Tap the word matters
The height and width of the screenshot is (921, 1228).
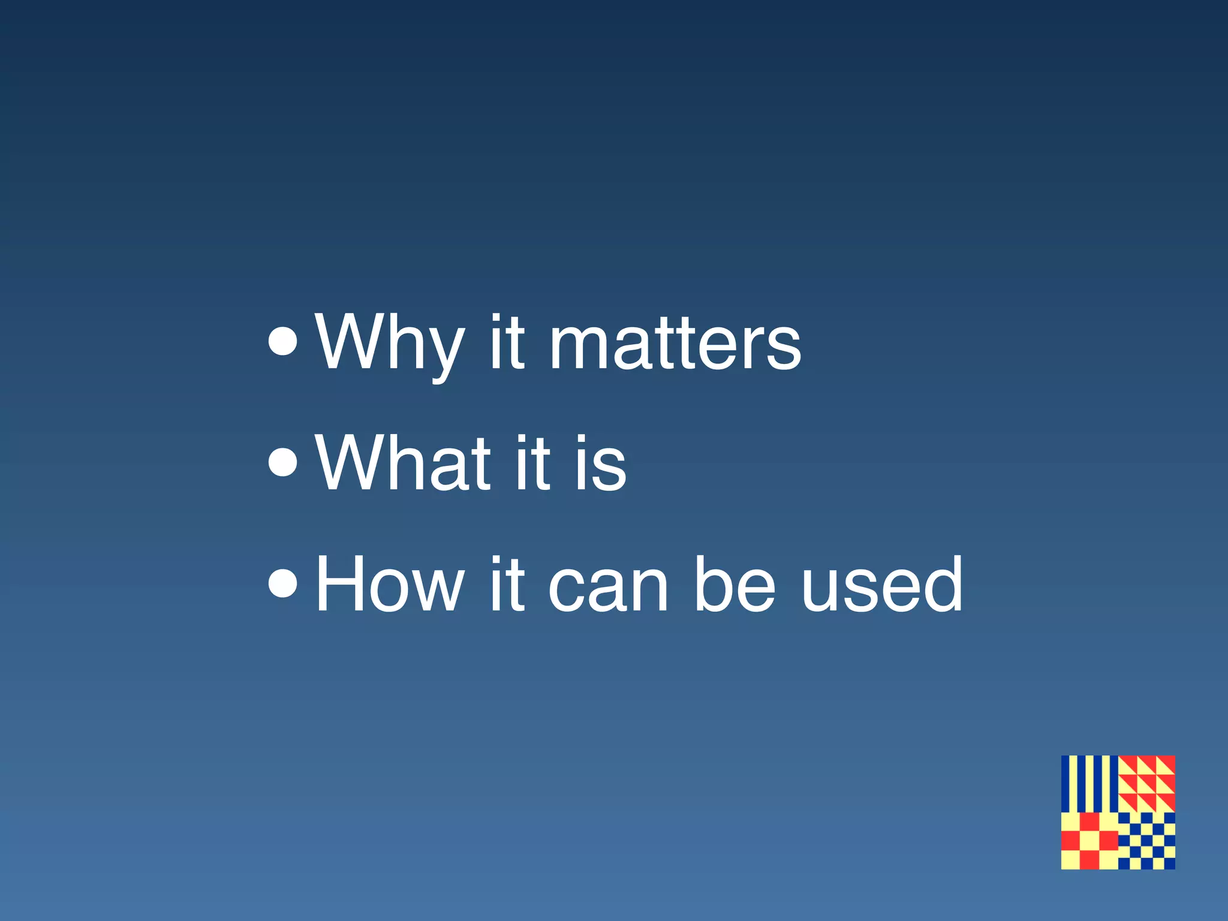tap(675, 344)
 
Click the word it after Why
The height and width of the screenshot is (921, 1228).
tap(507, 343)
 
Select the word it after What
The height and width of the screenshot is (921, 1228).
tap(531, 463)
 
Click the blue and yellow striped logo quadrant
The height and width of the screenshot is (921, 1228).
tap(1089, 784)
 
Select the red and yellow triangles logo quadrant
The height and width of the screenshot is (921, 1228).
tap(1146, 784)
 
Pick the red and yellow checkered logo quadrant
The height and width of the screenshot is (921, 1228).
tap(1089, 841)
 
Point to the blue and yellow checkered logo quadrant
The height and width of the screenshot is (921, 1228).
tap(1146, 841)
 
